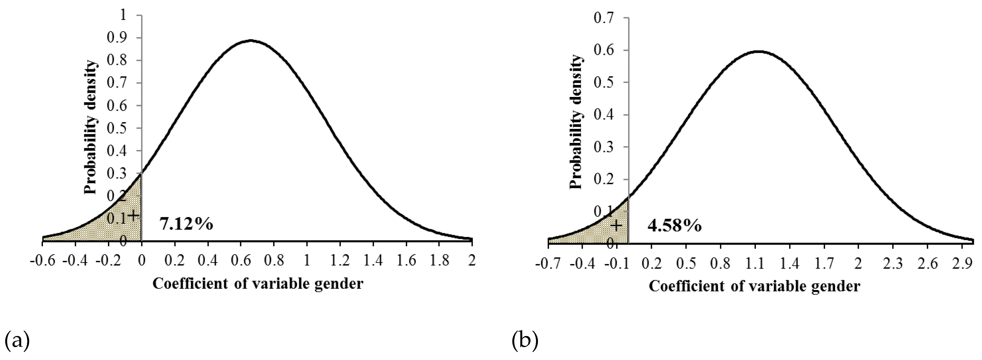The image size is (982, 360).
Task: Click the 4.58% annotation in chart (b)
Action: coord(674,226)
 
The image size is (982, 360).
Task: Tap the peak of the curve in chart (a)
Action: coord(250,40)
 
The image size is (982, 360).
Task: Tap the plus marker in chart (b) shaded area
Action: coord(616,226)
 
